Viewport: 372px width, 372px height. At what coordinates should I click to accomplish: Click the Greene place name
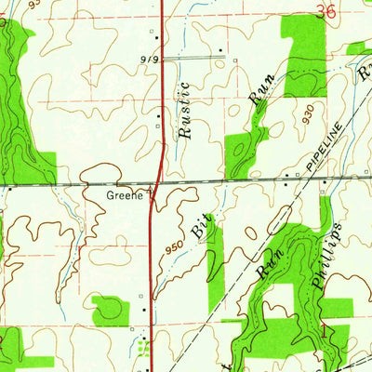tap(126, 196)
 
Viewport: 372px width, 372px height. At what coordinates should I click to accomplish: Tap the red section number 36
tap(325, 11)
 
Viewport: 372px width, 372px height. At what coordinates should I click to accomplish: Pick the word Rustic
tap(184, 111)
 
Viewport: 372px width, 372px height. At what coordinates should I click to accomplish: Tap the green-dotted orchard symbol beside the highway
tap(142, 349)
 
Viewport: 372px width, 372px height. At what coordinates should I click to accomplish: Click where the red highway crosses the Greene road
tap(155, 180)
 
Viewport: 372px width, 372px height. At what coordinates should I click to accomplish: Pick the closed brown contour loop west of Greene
tap(103, 173)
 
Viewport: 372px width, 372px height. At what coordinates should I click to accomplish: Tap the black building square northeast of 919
tap(220, 49)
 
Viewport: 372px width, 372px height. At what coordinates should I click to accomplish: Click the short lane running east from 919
tap(195, 58)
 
